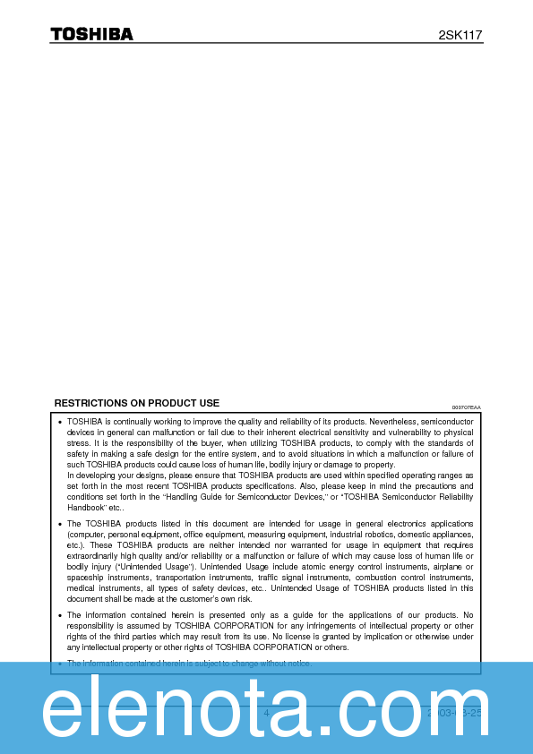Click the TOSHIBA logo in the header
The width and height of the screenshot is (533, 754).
tap(91, 34)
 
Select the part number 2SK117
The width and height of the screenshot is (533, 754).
tap(460, 35)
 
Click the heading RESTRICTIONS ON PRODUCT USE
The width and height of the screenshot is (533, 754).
tap(137, 403)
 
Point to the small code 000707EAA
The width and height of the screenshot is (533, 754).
tap(466, 407)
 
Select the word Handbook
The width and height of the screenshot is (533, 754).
tap(86, 507)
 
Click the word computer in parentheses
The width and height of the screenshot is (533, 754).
tap(87, 534)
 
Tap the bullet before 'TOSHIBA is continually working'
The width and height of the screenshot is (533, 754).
tap(59, 422)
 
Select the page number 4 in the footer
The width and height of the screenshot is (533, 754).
tap(266, 713)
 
